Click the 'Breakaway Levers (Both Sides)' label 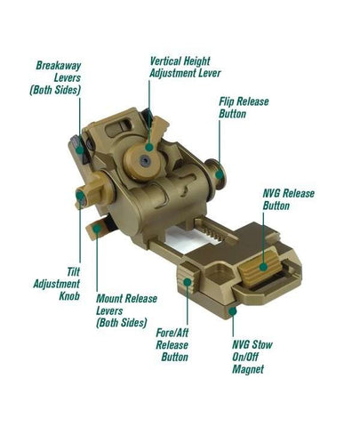[55, 77]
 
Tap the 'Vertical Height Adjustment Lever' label [185, 68]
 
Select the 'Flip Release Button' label [244, 108]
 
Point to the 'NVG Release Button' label [288, 199]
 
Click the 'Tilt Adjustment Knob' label [57, 284]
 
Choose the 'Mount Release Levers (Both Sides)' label [126, 310]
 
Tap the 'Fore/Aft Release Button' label [172, 345]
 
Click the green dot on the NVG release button [263, 267]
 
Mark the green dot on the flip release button [220, 174]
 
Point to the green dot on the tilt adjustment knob [80, 195]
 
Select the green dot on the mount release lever [97, 229]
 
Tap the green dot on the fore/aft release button [187, 281]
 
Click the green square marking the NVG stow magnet [233, 311]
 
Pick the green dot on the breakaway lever [79, 149]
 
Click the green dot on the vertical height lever [149, 147]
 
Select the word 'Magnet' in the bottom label [248, 369]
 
